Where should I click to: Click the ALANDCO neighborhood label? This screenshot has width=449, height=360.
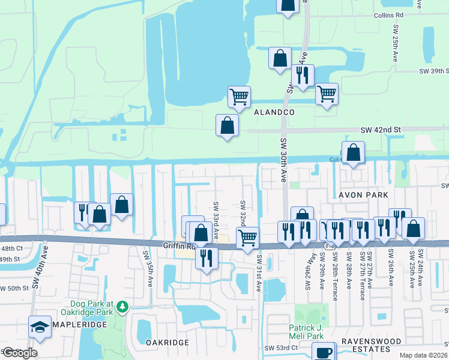274,112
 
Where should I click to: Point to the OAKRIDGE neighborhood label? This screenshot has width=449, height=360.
167,343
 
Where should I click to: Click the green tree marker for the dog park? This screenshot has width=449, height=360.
122,307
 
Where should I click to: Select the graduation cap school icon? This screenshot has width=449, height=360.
40,327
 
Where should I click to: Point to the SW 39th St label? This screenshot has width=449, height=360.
433,71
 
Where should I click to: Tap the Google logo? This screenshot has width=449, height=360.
19,353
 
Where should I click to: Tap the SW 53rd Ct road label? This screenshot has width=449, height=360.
281,348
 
